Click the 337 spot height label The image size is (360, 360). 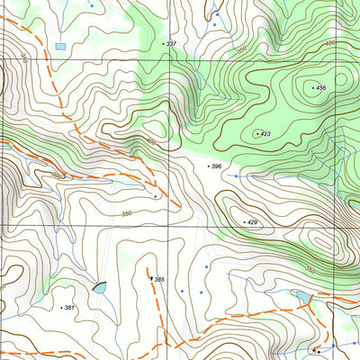[x=170, y=43]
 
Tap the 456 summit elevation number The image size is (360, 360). [x=319, y=87]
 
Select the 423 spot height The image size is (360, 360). [x=263, y=133]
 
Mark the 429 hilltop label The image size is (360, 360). [x=251, y=221]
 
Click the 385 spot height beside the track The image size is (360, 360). [x=158, y=280]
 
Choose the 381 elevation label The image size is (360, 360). [x=68, y=308]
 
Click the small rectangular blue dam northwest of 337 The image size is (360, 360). [x=60, y=45]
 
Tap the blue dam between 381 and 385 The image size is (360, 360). [x=98, y=288]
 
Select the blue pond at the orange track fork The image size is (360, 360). [x=303, y=296]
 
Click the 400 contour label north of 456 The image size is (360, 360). [x=329, y=42]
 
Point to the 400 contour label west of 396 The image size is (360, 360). [x=150, y=143]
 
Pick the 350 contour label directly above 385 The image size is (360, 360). [x=127, y=213]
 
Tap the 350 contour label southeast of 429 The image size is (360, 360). [x=310, y=269]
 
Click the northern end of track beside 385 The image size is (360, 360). [x=148, y=267]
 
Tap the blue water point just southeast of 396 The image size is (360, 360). [x=236, y=176]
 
